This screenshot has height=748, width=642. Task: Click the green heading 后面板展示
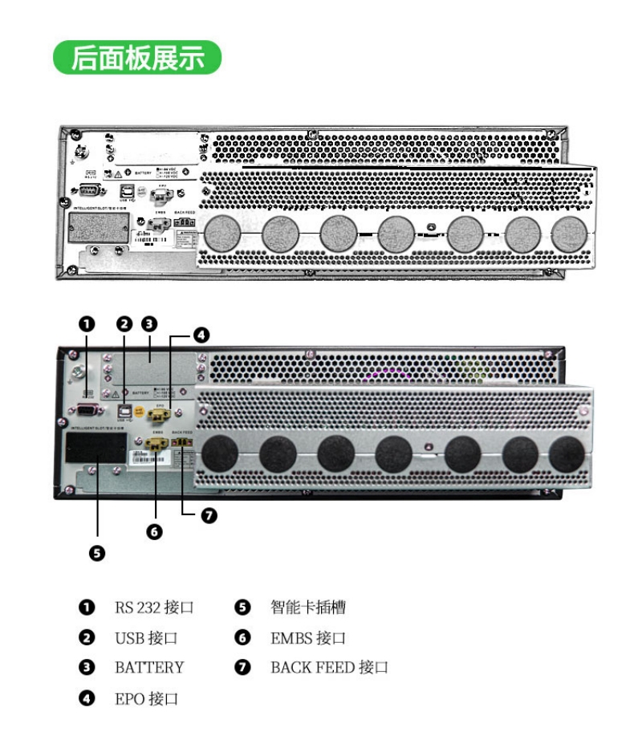click(x=137, y=58)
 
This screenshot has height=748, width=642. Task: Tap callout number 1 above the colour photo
click(x=87, y=324)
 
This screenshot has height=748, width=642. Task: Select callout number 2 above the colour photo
click(x=124, y=324)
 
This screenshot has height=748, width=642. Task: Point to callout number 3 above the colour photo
click(x=149, y=324)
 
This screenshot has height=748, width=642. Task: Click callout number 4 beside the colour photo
click(x=201, y=335)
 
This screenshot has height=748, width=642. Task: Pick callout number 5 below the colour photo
click(x=96, y=553)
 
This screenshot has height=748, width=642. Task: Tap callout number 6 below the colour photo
click(x=155, y=531)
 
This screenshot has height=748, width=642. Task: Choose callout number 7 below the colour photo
click(x=209, y=516)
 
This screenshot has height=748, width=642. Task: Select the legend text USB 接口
click(x=145, y=638)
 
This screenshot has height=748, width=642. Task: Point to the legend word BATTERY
click(x=149, y=668)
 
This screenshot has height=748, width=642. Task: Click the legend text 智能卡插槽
click(x=308, y=608)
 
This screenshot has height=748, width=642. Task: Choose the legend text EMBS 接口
click(x=308, y=638)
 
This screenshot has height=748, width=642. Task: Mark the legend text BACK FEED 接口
click(x=329, y=668)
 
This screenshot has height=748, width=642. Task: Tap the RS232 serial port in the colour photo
click(x=87, y=410)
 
